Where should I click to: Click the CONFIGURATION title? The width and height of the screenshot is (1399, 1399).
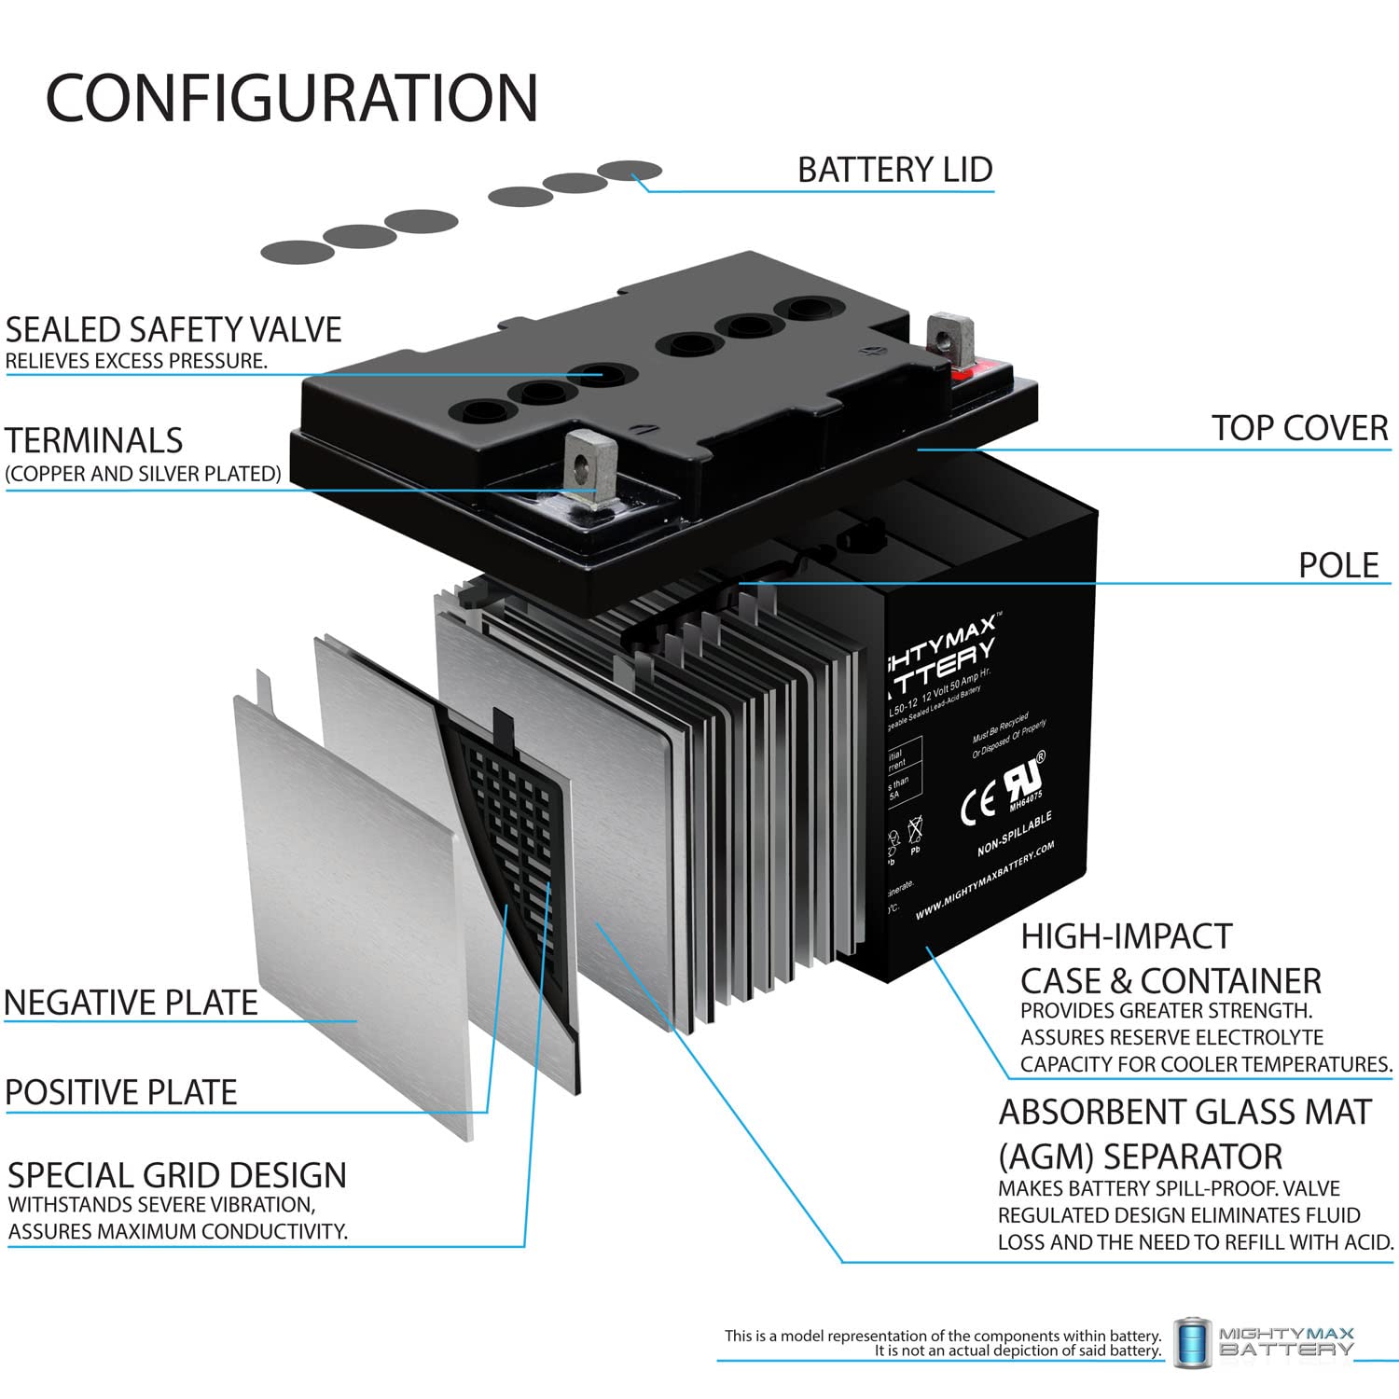tap(292, 98)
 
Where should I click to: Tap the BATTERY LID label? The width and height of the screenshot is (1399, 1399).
tap(894, 170)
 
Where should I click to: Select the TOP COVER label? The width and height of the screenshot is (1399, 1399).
tap(1299, 428)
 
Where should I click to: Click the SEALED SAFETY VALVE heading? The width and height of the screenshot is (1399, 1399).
tap(173, 330)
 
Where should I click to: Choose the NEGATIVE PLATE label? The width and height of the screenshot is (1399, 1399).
tap(131, 1003)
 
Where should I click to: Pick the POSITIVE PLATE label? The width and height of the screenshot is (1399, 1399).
tap(121, 1092)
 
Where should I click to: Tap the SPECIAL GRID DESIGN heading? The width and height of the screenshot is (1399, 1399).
tap(177, 1175)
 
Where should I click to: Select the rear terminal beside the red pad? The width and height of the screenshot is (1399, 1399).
tap(950, 340)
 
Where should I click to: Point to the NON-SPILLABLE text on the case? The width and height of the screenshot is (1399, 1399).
tap(1015, 834)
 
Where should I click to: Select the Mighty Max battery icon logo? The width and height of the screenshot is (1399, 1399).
tap(1191, 1342)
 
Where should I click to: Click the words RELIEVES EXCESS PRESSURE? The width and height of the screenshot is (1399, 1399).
tap(136, 362)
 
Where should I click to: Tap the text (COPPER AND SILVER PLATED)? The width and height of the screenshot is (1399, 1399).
tap(143, 474)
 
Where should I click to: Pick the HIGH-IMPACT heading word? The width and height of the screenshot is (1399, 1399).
tap(1126, 936)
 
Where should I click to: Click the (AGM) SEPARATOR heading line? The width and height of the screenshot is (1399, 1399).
tap(1140, 1157)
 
